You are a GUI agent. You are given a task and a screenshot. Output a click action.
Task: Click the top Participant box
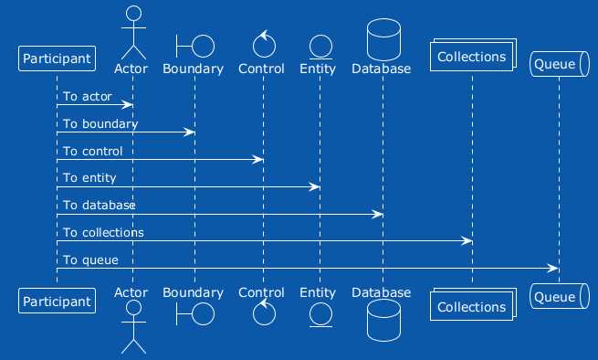(57, 58)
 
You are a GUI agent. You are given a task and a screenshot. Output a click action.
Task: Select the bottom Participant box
(57, 301)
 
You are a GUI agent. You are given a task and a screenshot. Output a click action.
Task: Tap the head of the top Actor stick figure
(133, 13)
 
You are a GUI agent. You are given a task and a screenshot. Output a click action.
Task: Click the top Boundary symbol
(195, 47)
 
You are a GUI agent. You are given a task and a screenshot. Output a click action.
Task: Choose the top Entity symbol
(320, 47)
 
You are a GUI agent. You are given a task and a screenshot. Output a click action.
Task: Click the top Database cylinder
(383, 39)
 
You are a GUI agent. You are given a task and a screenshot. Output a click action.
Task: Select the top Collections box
(473, 55)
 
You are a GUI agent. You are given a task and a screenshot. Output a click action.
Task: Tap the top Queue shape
(560, 64)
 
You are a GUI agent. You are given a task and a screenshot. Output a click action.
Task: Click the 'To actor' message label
(88, 96)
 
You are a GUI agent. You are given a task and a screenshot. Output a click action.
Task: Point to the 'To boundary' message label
(100, 123)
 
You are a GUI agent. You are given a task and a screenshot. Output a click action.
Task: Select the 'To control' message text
(93, 151)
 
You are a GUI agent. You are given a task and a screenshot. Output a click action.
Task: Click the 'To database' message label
(100, 206)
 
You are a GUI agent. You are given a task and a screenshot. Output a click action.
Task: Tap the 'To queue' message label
(90, 260)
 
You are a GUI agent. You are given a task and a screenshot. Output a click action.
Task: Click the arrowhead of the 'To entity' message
(314, 186)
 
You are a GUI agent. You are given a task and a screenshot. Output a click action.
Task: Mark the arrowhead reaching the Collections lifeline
(467, 241)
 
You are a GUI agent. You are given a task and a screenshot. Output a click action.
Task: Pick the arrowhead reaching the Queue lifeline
(553, 269)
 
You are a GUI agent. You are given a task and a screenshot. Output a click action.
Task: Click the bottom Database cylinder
(383, 320)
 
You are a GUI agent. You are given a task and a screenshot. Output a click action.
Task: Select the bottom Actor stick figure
(133, 327)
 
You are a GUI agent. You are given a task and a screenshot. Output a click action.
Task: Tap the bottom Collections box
(473, 304)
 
